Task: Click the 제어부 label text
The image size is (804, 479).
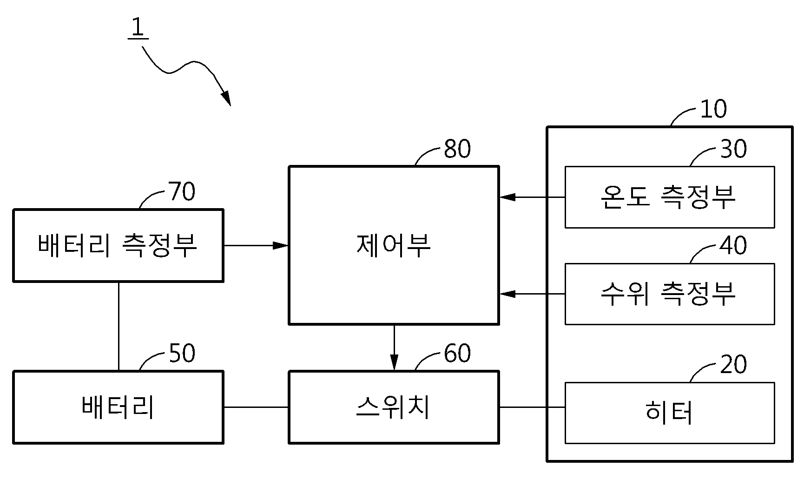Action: click(394, 245)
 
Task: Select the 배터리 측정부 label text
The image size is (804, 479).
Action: click(118, 245)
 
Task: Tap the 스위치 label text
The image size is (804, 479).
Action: click(393, 407)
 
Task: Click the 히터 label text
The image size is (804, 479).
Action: click(669, 412)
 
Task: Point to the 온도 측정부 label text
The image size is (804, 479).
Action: click(668, 197)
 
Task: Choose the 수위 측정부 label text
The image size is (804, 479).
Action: click(668, 294)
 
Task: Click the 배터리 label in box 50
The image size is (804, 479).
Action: click(118, 407)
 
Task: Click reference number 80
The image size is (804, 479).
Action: click(457, 149)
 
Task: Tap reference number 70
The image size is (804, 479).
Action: click(182, 191)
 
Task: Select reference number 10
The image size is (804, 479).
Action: click(713, 109)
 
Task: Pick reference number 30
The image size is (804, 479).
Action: click(733, 149)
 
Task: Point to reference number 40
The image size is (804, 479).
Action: click(733, 245)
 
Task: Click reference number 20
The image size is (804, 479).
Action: click(733, 364)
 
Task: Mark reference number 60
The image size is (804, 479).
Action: click(457, 354)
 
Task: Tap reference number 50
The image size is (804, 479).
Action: click(182, 354)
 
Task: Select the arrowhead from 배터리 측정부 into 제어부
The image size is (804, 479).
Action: click(281, 245)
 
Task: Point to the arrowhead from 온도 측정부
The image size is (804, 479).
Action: click(507, 197)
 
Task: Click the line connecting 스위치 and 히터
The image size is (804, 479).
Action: click(532, 407)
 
